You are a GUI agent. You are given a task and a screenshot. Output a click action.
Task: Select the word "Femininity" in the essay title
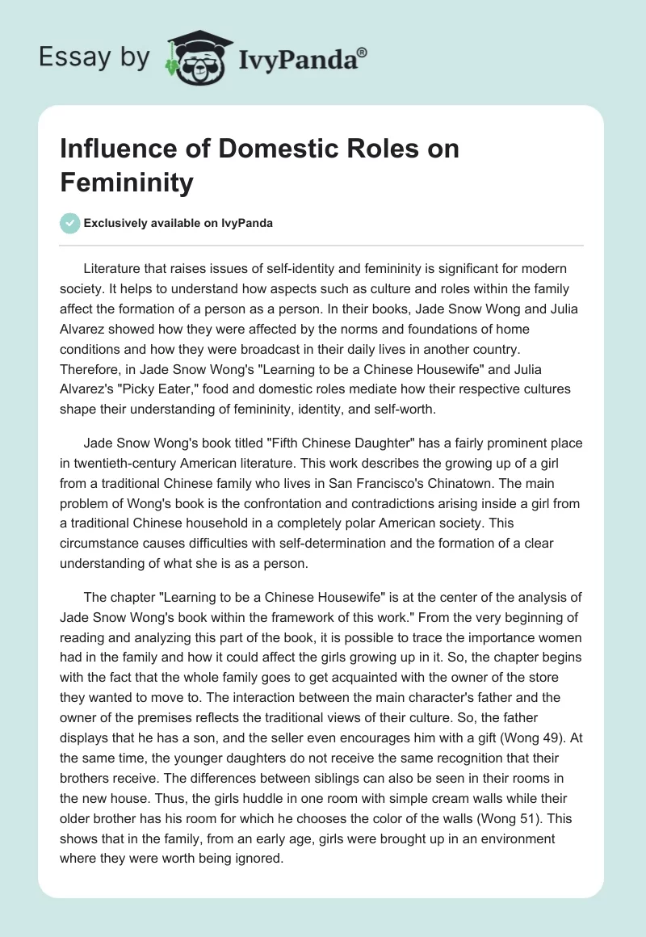pyautogui.click(x=127, y=183)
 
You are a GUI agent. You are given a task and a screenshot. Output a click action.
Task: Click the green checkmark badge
pyautogui.click(x=69, y=223)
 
